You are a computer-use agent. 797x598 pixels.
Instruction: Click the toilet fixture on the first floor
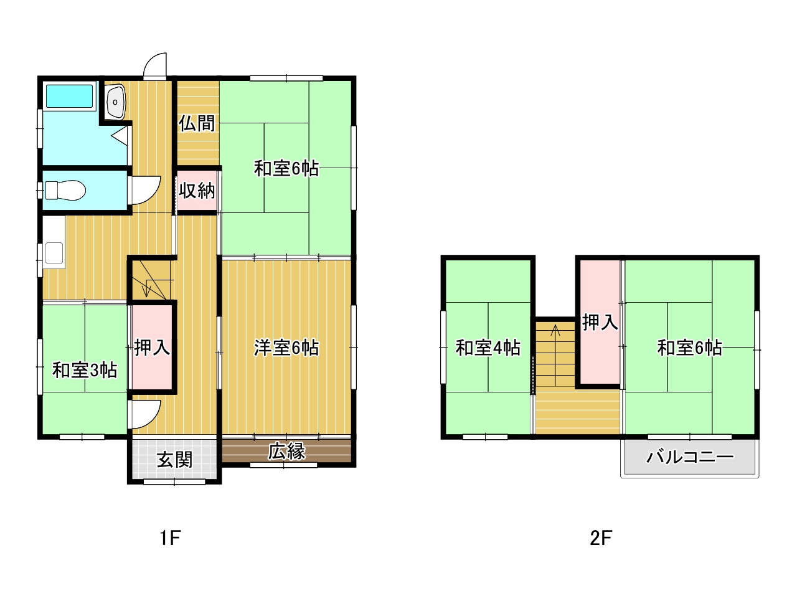coord(65,190)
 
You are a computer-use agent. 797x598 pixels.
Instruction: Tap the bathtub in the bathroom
coord(69,96)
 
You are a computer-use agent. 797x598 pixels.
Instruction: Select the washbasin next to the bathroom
coord(115,102)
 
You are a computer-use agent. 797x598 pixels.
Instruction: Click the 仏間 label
coord(197,123)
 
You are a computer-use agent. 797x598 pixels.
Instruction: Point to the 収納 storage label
coord(197,190)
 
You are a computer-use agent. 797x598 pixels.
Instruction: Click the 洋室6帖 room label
coord(286,348)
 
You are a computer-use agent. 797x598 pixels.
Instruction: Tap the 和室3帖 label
coord(85,371)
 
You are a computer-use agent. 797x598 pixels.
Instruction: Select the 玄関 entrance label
coord(174,461)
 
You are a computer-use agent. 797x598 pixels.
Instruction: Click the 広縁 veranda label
coord(287,452)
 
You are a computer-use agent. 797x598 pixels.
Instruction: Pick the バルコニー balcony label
coord(690,457)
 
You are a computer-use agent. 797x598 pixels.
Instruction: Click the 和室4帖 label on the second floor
coord(488,348)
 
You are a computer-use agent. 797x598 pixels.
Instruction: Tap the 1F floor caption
coord(170,538)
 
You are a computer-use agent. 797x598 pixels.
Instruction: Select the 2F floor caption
coord(601,538)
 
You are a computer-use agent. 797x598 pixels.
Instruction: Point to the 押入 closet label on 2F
coord(600,322)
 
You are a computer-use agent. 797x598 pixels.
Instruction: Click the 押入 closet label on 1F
coord(152,348)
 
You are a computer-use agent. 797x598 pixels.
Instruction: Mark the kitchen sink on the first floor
coord(54,253)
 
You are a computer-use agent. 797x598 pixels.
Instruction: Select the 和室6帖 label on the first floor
coord(286,168)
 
